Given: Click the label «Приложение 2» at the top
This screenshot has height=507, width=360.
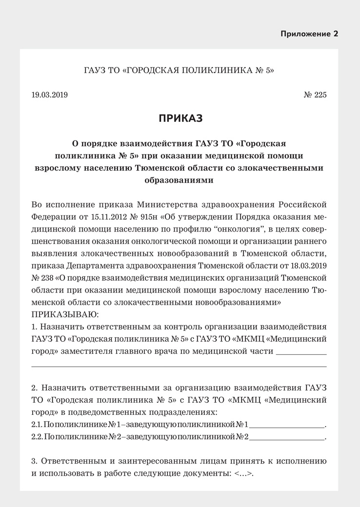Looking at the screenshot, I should point(309,34).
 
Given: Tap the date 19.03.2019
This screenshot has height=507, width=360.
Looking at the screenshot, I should point(49,95).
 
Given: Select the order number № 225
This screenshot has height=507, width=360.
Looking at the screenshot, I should point(315,95).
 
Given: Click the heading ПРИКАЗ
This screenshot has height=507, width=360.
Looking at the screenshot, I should point(180,118).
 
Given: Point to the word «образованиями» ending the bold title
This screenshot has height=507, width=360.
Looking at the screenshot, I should point(180,180).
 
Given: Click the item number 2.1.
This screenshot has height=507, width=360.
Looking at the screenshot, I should point(37,424).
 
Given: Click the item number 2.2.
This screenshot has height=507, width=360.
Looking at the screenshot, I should point(37,436).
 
